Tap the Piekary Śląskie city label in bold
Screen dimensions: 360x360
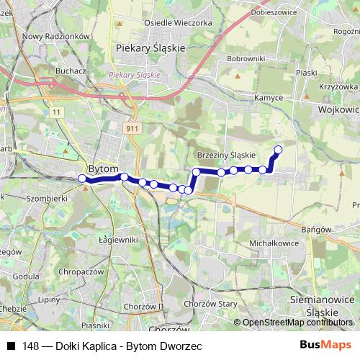pos(150,48)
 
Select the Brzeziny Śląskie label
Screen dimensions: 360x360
pos(226,155)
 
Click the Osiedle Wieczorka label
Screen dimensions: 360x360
pos(179,23)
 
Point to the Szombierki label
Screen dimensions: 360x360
pos(45,197)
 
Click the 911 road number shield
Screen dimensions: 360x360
pos(130,127)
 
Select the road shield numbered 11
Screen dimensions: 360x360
pos(56,112)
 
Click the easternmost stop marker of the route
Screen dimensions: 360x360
pos(278,150)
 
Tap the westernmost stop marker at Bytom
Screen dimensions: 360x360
pos(82,179)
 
